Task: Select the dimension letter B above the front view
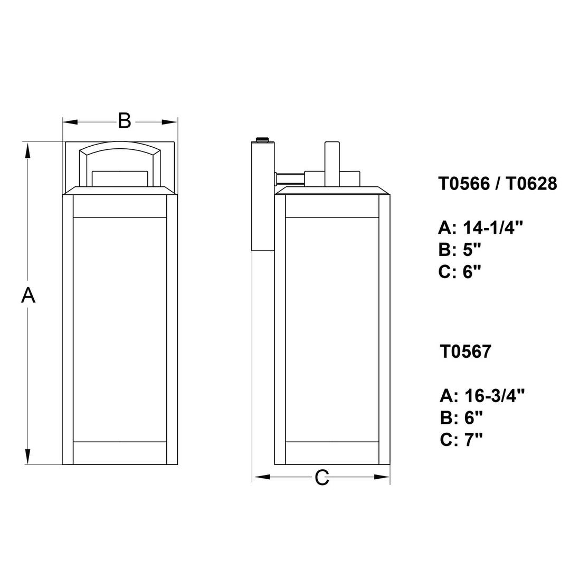pos(125,121)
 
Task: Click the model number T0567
pos(465,351)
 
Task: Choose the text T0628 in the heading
pos(531,184)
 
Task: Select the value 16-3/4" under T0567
pos(495,395)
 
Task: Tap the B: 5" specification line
pos(460,250)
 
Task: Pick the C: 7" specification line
pos(461,439)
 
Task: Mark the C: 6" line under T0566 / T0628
pos(460,271)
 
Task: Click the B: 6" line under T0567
pos(461,417)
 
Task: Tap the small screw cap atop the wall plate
pos(262,139)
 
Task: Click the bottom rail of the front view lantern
pos(120,453)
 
